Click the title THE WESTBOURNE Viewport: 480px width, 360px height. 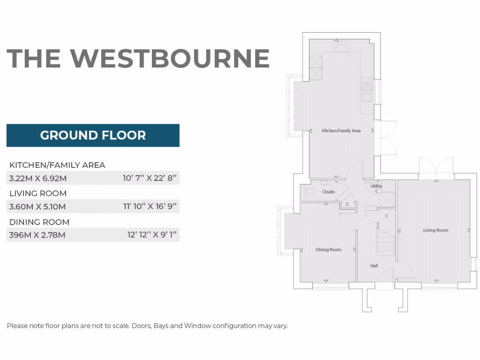click(138, 58)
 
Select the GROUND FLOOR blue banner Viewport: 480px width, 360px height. click(93, 135)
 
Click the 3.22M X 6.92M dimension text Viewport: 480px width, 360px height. click(38, 178)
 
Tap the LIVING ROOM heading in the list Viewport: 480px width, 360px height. click(38, 193)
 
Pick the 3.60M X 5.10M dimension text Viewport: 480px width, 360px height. click(37, 206)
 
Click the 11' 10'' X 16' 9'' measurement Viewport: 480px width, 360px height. click(150, 206)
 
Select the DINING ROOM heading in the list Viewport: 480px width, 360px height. click(39, 222)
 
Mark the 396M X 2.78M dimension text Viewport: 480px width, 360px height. click(37, 235)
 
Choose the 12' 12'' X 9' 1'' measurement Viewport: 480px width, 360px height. click(151, 235)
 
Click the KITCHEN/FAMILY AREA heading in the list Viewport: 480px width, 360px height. click(57, 165)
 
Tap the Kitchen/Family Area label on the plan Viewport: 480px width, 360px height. click(341, 131)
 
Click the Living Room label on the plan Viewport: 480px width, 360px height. click(435, 230)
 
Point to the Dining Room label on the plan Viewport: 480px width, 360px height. click(328, 250)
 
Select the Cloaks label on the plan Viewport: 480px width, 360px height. click(328, 192)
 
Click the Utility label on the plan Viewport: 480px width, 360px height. click(376, 186)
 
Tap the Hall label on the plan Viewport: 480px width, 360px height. click(374, 266)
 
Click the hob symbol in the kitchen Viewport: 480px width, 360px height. click(340, 45)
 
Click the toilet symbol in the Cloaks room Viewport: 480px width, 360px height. click(310, 192)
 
